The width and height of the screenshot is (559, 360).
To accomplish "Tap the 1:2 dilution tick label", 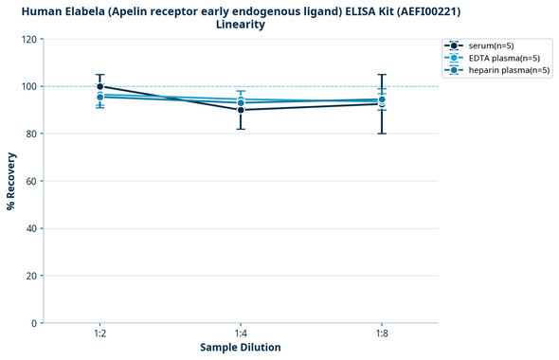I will [x=99, y=333].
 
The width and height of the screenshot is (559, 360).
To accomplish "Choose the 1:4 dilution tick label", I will [x=241, y=333].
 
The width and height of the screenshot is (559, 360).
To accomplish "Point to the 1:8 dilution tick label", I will [x=382, y=333].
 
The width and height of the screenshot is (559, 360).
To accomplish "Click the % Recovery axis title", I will [x=11, y=180].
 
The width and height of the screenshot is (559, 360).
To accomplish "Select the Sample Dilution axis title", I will [x=241, y=348].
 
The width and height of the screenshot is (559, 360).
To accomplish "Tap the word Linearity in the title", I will [x=241, y=25].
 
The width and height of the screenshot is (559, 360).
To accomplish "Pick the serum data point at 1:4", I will [x=241, y=110].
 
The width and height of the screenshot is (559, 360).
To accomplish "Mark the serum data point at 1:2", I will [x=99, y=86].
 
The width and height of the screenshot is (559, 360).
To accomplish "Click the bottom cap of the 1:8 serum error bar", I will [x=382, y=134].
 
